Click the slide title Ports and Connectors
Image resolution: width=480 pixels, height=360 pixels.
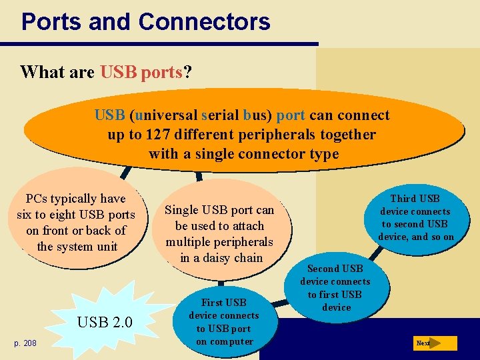[x=145, y=21]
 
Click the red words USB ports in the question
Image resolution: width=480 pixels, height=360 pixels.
[x=141, y=72]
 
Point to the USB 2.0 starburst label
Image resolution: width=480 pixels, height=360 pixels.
[x=105, y=323]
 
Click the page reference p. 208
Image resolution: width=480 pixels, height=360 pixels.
[x=26, y=343]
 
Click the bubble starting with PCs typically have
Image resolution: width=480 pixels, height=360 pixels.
[x=75, y=223]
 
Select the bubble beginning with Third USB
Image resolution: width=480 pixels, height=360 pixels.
[x=415, y=217]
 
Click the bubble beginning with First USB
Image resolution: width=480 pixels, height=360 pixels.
[x=223, y=322]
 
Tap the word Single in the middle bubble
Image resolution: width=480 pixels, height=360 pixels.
[x=181, y=210]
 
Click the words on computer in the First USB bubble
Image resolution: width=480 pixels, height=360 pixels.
[x=223, y=342]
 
